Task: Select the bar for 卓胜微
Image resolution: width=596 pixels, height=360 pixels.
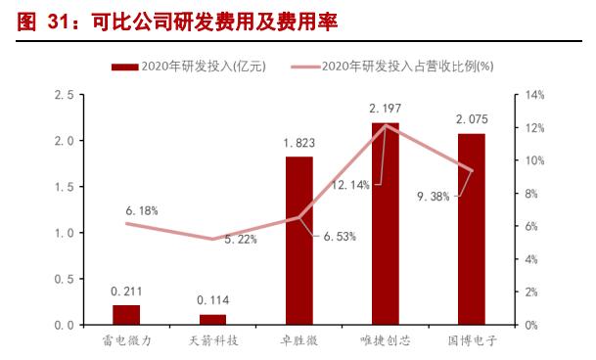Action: point(298,240)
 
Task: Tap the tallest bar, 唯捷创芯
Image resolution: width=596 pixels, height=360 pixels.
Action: point(385,223)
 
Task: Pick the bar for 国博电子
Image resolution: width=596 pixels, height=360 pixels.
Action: point(471,229)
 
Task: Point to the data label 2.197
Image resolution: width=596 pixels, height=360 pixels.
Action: point(385,107)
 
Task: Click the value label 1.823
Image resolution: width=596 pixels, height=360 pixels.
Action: point(298,142)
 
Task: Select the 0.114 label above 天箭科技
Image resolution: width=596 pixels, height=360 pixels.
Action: point(212,299)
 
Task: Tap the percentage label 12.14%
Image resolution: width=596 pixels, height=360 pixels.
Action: point(349,183)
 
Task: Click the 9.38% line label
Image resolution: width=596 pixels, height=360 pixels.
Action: point(433,196)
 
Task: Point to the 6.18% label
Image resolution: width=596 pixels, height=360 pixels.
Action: point(142,209)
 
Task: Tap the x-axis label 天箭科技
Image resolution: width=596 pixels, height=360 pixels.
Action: point(212,341)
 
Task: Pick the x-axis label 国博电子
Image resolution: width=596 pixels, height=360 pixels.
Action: point(471,341)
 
